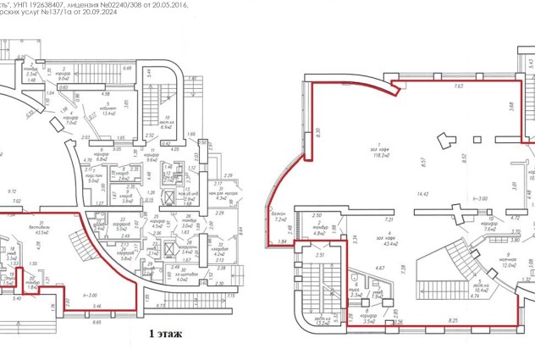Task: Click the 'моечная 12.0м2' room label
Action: [x=508, y=261]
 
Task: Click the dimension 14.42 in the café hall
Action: [x=389, y=194]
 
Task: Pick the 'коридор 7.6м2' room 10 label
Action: [x=489, y=225]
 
